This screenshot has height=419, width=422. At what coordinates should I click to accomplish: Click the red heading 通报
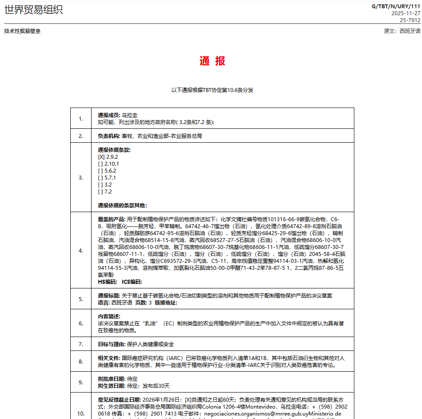(x=212, y=61)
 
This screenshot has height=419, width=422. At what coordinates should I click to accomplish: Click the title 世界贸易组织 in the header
(x=33, y=10)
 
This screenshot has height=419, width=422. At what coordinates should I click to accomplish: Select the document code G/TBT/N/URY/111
(x=396, y=6)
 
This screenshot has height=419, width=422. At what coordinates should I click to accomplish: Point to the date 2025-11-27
(x=406, y=13)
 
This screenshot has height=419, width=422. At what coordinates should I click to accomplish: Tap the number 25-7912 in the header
(x=410, y=20)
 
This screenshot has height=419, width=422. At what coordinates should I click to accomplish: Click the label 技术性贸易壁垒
(x=23, y=31)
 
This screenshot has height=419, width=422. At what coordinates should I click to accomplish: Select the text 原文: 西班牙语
(x=402, y=31)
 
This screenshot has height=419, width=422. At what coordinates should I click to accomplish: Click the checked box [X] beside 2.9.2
(x=101, y=157)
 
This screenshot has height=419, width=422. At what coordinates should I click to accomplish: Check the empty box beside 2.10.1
(x=101, y=164)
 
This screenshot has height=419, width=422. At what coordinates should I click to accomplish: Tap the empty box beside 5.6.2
(x=101, y=171)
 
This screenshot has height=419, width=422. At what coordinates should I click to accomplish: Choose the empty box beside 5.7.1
(x=101, y=178)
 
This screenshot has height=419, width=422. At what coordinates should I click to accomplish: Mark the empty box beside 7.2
(x=101, y=192)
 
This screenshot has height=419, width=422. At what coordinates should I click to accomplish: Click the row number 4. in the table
(x=81, y=250)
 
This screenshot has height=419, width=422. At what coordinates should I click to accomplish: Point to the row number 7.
(x=81, y=344)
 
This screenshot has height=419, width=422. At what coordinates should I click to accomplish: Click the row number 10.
(x=81, y=413)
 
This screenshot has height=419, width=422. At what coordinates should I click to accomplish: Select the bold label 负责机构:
(x=109, y=136)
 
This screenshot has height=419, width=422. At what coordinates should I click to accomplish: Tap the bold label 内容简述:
(x=109, y=317)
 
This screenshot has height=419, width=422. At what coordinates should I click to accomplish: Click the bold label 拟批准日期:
(x=111, y=379)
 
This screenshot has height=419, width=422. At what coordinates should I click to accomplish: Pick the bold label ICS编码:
(x=132, y=282)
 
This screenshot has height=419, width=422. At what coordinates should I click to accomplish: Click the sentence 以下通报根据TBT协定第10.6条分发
(x=212, y=90)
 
